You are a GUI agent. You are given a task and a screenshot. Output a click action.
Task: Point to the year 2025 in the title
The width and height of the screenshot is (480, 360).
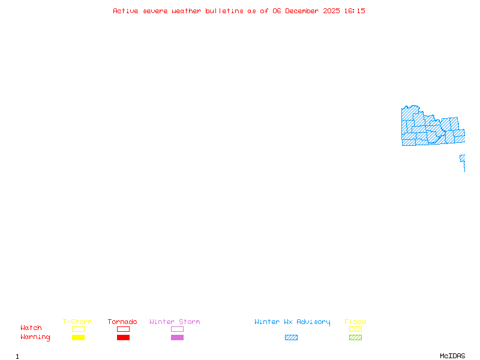tap(331, 11)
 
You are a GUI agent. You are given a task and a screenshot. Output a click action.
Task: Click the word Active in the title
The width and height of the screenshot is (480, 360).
tap(125, 11)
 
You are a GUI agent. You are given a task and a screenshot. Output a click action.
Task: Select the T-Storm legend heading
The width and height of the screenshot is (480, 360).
tap(77, 322)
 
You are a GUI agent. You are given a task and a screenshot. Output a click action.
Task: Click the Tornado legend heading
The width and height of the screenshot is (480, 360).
tap(122, 322)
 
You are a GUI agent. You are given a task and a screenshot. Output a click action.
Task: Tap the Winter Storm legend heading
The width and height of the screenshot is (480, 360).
tap(175, 322)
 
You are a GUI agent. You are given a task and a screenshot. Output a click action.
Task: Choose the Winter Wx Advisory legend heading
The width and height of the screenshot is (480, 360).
tap(292, 322)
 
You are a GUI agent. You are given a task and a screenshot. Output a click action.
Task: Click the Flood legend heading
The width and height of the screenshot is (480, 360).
tap(355, 322)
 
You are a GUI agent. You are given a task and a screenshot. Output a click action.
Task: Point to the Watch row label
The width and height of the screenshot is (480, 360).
tap(31, 328)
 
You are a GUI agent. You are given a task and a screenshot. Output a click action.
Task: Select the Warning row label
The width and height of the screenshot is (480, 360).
tap(35, 337)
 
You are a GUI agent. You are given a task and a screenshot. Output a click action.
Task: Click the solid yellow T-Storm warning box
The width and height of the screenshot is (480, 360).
tap(78, 338)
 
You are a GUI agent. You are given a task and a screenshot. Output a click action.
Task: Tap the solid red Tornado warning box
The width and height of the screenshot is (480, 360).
tap(123, 338)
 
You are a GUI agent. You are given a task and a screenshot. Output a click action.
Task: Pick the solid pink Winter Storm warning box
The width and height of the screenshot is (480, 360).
tap(177, 338)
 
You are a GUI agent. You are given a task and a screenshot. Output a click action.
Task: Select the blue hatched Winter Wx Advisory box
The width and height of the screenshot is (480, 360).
tap(291, 338)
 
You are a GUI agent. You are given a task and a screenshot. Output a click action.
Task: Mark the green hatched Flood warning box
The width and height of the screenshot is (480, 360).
tap(355, 338)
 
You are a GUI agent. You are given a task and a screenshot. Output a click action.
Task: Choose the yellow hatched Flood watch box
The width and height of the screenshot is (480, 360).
tap(355, 329)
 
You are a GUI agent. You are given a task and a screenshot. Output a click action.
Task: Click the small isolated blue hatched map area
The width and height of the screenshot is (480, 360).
tap(463, 158)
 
